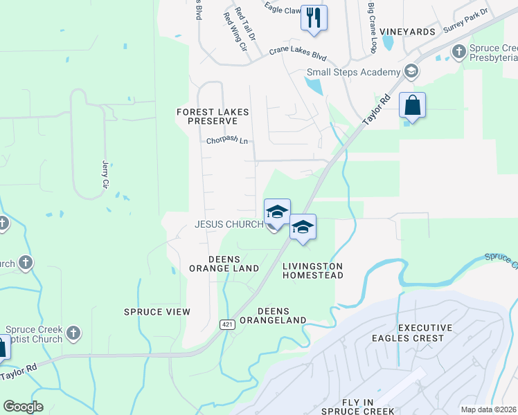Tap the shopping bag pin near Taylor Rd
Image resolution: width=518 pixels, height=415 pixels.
(x=412, y=106)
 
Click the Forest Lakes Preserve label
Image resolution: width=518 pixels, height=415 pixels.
(x=213, y=116)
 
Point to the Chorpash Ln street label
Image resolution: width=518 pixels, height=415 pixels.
(x=226, y=140)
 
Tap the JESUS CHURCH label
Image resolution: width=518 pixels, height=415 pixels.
(x=229, y=225)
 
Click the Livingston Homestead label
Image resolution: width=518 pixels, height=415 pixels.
(x=313, y=270)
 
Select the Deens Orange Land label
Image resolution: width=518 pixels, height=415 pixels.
(x=224, y=264)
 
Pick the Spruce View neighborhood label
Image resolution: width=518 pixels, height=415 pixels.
(x=157, y=312)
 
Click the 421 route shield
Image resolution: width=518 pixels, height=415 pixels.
(x=227, y=324)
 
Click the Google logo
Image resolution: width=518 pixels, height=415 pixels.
(x=24, y=407)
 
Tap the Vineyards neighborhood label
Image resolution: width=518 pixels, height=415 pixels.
(x=407, y=32)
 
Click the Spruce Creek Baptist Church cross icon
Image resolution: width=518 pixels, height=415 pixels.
(x=73, y=333)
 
